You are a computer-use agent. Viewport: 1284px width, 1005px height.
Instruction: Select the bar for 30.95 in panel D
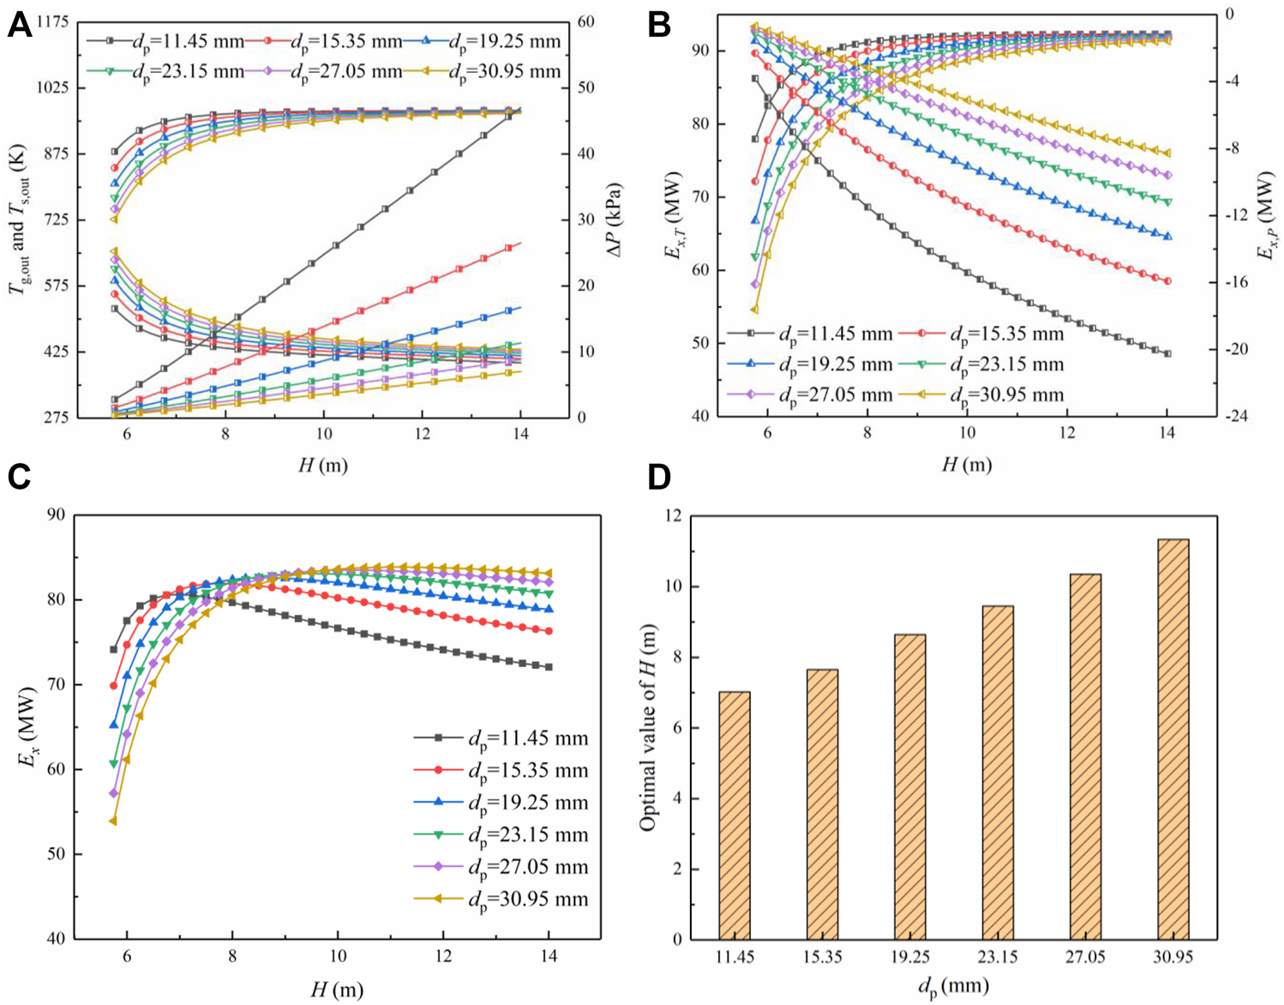coord(1173,738)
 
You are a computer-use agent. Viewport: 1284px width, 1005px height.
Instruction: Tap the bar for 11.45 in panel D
coord(735,815)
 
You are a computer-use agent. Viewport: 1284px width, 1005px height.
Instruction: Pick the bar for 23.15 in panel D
coord(998,772)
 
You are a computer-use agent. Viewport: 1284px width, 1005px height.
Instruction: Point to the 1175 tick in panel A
coord(51,21)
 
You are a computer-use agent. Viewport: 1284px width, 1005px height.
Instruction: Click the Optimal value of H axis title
coord(649,727)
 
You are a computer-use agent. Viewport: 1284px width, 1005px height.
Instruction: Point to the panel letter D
coord(659,477)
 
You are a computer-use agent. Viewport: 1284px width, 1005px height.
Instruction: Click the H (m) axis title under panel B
coord(967,465)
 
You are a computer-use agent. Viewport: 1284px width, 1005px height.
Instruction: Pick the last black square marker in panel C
coord(549,667)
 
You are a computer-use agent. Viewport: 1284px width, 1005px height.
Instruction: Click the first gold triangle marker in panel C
coord(113,821)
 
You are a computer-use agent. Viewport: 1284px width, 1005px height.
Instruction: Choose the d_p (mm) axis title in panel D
coord(953,986)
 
